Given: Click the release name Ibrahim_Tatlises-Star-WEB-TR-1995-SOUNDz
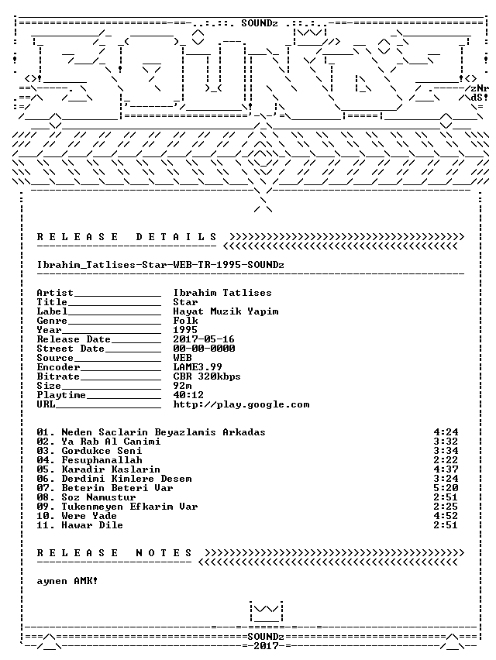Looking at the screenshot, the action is click(x=160, y=265).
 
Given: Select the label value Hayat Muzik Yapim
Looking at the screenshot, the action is click(x=226, y=311).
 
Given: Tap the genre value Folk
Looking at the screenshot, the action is click(x=186, y=321).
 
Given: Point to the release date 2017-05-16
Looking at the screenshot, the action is click(x=204, y=339).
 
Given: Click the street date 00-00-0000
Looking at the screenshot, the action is click(x=204, y=349).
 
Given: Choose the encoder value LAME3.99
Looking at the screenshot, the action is click(x=198, y=367).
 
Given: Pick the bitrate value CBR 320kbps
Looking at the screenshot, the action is click(x=207, y=376).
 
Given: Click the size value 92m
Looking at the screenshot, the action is click(x=183, y=386).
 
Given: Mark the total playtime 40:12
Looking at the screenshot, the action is click(x=188, y=395).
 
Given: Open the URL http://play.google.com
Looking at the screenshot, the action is click(x=241, y=404).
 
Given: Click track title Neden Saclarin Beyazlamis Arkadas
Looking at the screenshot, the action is click(x=164, y=432).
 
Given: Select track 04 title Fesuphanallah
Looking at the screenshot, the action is click(x=102, y=460).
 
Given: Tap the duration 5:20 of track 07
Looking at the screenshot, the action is click(x=446, y=488).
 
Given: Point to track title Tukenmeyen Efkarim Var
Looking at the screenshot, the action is click(x=129, y=507).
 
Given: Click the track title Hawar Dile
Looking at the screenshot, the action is click(x=92, y=525).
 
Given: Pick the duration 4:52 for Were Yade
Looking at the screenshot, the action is click(x=446, y=516).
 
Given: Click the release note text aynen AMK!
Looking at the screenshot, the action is click(x=67, y=581).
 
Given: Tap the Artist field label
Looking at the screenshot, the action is click(x=55, y=293).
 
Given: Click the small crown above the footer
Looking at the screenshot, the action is click(x=266, y=612).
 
